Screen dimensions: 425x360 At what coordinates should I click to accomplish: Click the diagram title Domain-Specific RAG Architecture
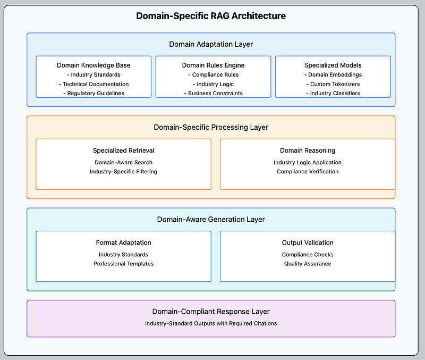pos(211,16)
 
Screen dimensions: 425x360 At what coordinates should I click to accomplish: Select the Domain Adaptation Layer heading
pos(211,44)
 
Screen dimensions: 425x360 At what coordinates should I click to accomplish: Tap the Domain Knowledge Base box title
pos(93,65)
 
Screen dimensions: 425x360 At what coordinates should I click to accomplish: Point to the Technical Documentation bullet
pos(93,84)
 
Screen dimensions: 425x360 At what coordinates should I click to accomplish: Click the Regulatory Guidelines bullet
pos(93,93)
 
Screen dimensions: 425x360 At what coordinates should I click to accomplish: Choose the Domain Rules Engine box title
pos(214,65)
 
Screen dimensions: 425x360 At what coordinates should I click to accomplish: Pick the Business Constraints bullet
pos(214,93)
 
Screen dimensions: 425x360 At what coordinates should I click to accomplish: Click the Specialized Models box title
pos(333,65)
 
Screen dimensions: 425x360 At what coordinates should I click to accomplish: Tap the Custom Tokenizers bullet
pos(333,84)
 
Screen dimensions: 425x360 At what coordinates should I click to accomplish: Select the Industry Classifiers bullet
pos(333,93)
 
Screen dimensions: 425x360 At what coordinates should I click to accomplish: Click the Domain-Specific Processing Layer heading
pos(211,127)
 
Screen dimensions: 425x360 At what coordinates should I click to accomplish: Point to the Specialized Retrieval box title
pos(124,150)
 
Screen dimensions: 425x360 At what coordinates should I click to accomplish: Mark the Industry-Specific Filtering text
pos(124,172)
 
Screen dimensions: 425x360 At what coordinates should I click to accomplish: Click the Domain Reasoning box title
pos(308,150)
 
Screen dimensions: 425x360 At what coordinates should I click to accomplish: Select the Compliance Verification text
pos(308,172)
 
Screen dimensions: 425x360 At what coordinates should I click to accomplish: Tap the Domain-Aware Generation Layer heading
pos(211,220)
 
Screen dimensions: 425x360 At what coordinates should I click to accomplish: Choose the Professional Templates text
pos(124,264)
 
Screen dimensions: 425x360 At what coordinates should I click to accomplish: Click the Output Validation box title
pos(308,243)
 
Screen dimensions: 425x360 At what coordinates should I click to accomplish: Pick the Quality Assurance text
pos(308,264)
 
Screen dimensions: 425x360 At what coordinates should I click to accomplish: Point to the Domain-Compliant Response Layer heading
pos(211,312)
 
